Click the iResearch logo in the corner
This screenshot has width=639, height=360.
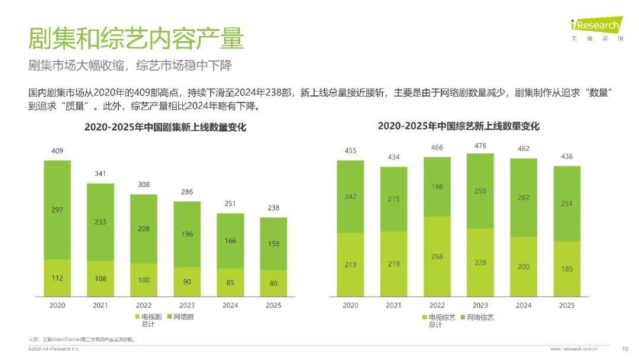596,26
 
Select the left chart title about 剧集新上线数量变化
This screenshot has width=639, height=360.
165,127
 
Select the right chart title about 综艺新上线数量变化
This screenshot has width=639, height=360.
459,126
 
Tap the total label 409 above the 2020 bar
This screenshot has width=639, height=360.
57,151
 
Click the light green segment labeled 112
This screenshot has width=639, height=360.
57,278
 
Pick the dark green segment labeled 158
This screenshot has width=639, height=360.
273,243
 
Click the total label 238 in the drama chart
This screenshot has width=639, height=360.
273,208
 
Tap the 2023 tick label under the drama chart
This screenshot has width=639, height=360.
187,306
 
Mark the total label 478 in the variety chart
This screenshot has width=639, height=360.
480,146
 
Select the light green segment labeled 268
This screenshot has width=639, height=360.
437,256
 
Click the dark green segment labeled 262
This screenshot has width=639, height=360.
524,198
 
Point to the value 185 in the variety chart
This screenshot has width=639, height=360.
567,269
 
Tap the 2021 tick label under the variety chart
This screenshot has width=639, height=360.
394,306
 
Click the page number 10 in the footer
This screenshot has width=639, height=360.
625,349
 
